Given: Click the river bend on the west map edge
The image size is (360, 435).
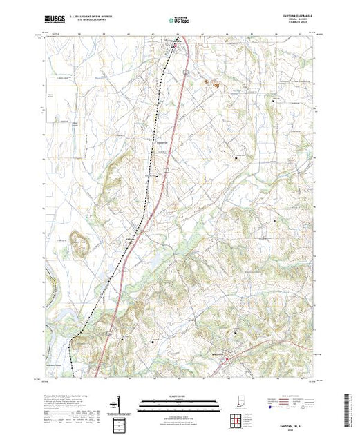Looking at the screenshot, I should point(48,283).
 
